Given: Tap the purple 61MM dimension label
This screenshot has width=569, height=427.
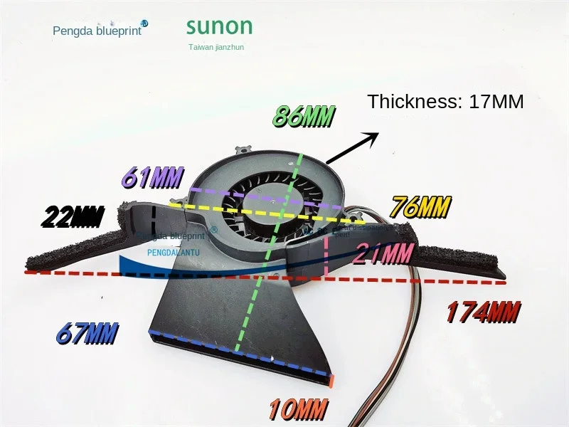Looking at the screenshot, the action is [x=152, y=177].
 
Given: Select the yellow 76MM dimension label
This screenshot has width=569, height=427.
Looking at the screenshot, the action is [x=420, y=208].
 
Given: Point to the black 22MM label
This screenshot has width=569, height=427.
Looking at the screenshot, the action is [x=73, y=216].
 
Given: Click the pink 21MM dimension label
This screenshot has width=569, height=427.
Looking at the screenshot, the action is [x=383, y=253].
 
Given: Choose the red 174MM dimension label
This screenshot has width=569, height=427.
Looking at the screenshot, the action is [x=483, y=312].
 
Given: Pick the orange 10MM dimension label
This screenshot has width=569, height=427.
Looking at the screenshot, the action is [x=297, y=409].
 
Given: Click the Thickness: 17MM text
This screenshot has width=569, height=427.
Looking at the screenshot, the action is [x=445, y=102].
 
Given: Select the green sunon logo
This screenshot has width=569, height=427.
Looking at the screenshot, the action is [x=219, y=27].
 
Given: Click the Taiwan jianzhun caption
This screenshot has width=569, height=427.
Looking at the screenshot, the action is [x=216, y=48].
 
